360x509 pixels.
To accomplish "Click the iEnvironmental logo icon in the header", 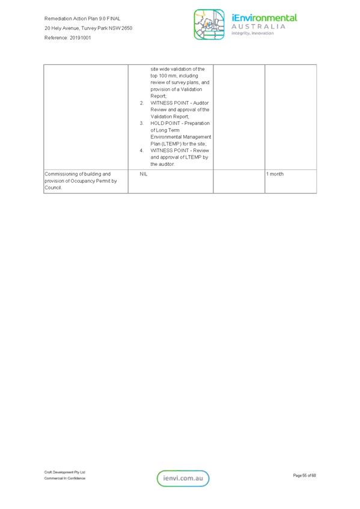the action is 209,25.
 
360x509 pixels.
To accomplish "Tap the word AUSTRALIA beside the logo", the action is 258,26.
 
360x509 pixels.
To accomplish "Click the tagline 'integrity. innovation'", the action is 252,33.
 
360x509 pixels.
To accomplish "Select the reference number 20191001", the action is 80,38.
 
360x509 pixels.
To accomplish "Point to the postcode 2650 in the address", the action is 127,28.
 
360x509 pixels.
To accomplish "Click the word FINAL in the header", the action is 114,19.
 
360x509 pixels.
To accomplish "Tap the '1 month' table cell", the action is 275,174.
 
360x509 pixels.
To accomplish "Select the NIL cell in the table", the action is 144,174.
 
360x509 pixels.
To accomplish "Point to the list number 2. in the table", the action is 142,103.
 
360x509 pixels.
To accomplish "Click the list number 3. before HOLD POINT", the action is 142,123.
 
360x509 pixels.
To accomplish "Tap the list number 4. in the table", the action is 142,151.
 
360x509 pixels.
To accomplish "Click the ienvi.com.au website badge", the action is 183,478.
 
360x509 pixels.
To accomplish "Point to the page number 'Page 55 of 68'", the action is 305,475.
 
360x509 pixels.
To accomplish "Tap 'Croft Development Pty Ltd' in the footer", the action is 64,472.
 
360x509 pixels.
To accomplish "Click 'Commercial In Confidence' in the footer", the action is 64,478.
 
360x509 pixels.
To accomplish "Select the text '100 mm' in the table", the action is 168,76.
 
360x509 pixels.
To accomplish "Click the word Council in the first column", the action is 53,187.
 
